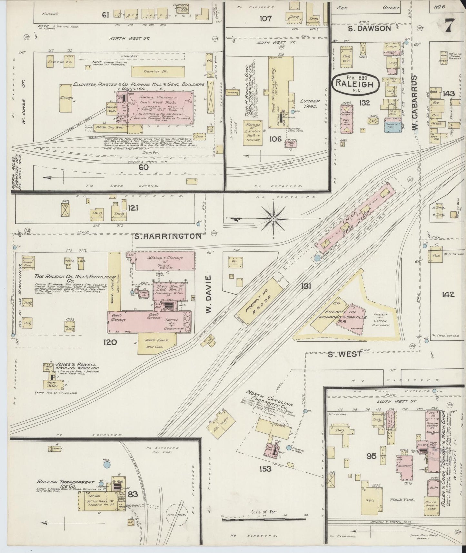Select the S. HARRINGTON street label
[168, 236]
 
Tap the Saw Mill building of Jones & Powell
[52, 385]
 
